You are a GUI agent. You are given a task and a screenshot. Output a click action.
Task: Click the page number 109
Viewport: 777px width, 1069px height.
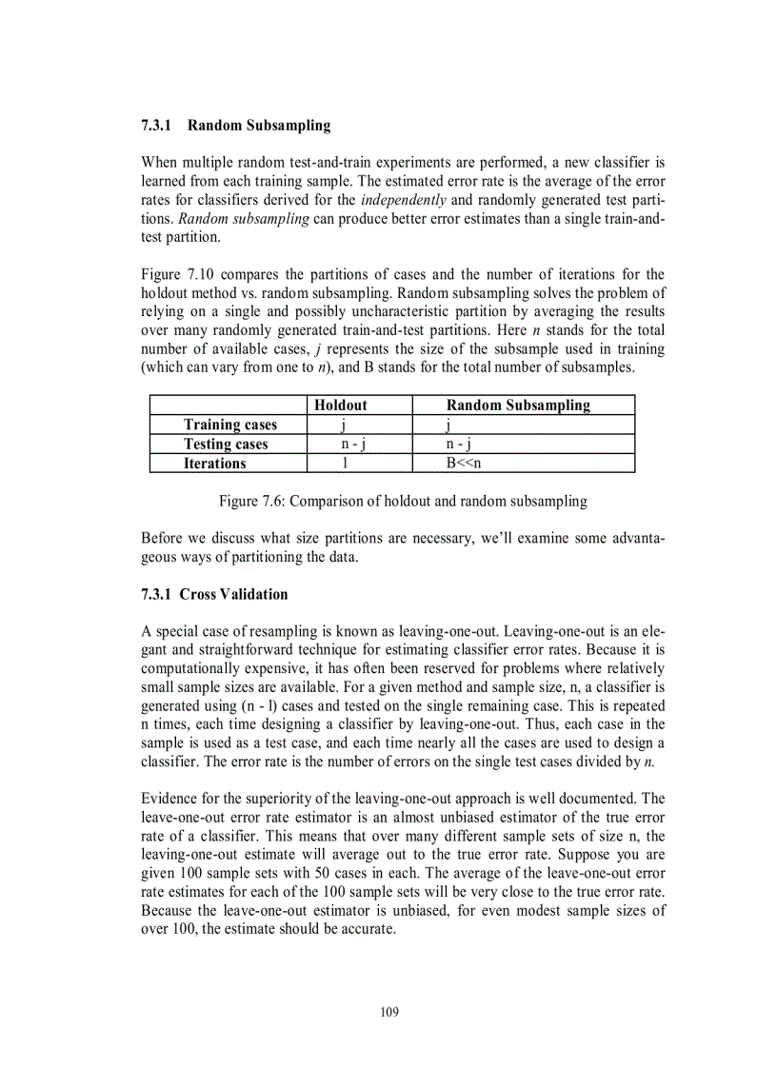[388, 1012]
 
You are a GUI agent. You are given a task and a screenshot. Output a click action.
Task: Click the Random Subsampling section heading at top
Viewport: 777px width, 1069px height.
[235, 125]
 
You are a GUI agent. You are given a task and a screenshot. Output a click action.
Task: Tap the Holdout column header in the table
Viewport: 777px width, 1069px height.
[340, 406]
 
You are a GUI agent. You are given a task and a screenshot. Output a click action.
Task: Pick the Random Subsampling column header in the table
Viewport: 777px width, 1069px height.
[518, 406]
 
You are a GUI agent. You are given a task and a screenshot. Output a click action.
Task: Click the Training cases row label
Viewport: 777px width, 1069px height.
[229, 425]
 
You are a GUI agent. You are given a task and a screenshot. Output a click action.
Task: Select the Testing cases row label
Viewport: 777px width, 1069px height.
[226, 444]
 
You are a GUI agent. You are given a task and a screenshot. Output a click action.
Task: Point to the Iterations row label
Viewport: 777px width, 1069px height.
[214, 464]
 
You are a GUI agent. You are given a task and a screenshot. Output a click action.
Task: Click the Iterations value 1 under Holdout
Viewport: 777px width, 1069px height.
[343, 464]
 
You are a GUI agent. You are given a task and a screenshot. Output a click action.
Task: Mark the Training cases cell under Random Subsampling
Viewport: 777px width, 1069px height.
[448, 425]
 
